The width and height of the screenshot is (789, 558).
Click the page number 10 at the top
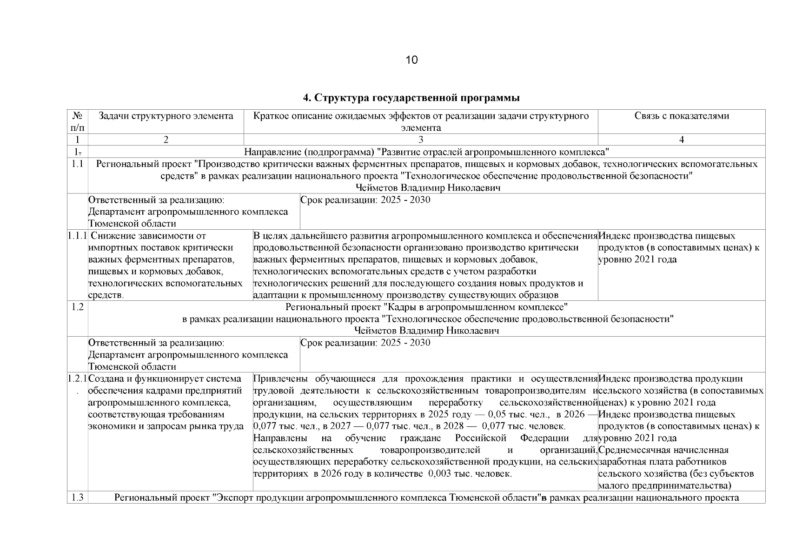tap(411, 60)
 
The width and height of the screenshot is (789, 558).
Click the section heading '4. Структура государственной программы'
tap(411, 98)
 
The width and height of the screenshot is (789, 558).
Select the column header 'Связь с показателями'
tap(681, 116)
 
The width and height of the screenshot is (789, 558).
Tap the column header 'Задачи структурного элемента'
tap(166, 116)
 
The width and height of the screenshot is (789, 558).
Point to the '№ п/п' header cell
tap(78, 121)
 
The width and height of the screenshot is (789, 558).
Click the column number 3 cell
tap(420, 140)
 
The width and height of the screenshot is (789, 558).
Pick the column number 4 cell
tap(681, 140)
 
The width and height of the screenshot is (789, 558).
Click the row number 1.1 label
tap(78, 164)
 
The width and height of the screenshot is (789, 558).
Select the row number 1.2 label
tap(78, 307)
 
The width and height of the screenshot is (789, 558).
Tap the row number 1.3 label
tap(78, 498)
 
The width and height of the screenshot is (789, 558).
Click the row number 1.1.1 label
tap(77, 236)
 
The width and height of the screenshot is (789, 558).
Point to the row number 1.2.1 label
tap(77, 379)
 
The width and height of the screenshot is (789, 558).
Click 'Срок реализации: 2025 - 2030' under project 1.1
tap(365, 200)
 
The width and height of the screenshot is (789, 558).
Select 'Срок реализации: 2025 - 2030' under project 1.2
tap(365, 343)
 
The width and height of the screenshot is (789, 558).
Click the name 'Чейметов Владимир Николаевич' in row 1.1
tap(427, 188)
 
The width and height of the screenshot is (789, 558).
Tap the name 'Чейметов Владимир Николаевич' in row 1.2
tap(426, 331)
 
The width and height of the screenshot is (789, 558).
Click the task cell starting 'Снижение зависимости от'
tap(166, 266)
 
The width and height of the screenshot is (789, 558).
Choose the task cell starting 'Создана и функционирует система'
tap(166, 402)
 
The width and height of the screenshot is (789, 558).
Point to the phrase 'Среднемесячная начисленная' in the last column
tap(663, 450)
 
